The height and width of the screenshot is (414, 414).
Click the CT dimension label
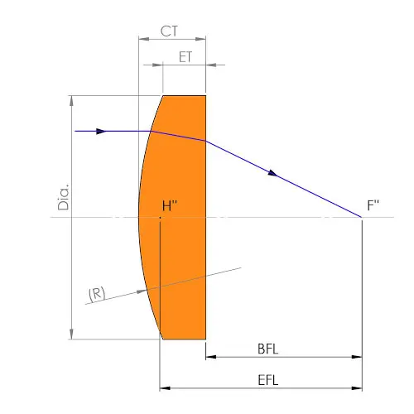point(170,32)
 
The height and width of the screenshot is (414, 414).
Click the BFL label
point(267,349)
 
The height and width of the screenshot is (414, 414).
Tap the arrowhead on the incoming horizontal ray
point(101,131)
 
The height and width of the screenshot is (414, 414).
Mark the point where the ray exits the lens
point(205,141)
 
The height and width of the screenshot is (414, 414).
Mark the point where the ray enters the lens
point(150,131)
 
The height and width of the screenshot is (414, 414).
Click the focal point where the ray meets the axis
point(362,217)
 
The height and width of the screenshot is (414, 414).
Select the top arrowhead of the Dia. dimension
point(71,100)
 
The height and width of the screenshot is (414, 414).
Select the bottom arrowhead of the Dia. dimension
point(71,334)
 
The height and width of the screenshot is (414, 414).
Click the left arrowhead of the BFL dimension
point(210,358)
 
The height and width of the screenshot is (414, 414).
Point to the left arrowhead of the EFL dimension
point(164,388)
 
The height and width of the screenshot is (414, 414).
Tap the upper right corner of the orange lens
point(205,95)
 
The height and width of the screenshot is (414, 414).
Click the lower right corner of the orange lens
point(205,339)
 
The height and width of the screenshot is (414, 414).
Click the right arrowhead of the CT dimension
point(201,38)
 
